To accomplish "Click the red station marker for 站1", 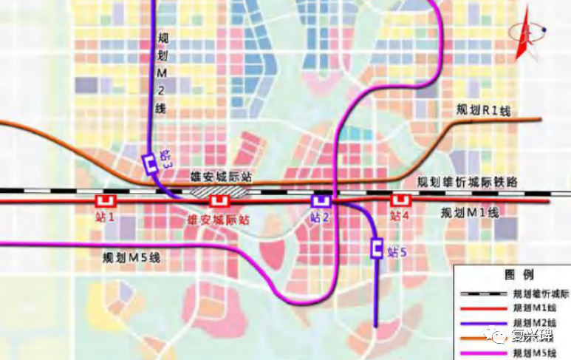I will [106, 200].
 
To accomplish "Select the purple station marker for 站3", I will [150, 163].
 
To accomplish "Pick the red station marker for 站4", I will [400, 200].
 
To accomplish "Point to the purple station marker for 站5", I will [376, 249].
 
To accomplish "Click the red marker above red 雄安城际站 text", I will [218, 200].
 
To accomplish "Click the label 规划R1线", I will [484, 109].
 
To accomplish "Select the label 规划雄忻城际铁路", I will [468, 183].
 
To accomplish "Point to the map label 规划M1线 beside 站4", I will [470, 213].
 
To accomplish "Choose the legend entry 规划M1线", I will [535, 307].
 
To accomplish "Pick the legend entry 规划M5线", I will [535, 353].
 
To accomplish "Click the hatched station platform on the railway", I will [219, 190].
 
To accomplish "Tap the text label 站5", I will [397, 251].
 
